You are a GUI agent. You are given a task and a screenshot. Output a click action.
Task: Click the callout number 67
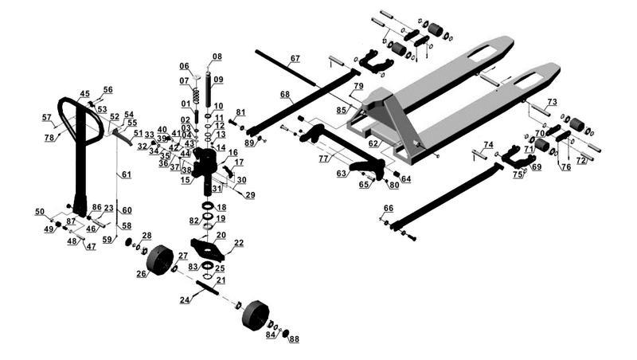295,59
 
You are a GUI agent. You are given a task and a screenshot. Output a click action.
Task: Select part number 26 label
141,274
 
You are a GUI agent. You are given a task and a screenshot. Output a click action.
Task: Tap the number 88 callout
294,340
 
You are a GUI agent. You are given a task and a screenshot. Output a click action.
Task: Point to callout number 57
47,118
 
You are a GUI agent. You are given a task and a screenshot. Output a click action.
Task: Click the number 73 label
551,102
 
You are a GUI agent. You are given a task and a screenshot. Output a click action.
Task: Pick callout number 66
389,209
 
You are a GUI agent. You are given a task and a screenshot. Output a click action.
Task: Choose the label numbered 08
217,57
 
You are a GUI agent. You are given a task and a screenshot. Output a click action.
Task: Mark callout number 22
238,242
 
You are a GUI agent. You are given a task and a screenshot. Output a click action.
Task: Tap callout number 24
185,300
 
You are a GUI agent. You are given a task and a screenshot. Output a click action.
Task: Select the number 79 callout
358,86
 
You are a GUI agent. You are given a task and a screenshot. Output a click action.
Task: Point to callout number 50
40,211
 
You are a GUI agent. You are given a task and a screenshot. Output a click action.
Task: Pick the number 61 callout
124,174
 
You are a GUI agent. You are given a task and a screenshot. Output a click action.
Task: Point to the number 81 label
240,112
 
